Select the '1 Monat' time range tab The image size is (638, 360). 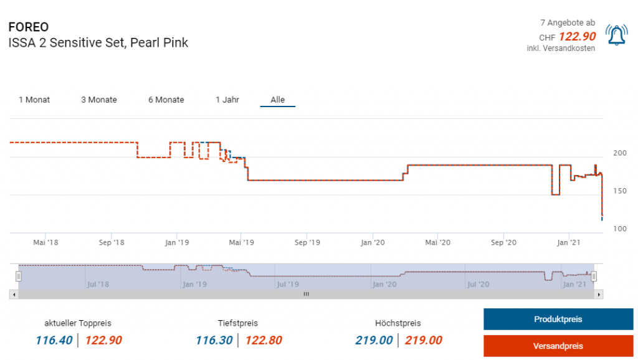[x=34, y=100]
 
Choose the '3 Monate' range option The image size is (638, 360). [x=99, y=100]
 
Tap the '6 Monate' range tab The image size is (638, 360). [x=166, y=100]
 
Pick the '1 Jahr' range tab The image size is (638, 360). [x=227, y=100]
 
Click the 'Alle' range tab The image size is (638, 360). [x=278, y=100]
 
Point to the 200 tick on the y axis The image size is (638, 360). [x=620, y=153]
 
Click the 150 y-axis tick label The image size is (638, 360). [x=620, y=191]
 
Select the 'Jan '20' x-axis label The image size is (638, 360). [x=373, y=242]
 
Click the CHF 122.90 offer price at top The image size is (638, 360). [x=577, y=37]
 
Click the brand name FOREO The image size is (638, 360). [x=29, y=27]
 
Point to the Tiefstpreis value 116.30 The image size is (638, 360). [x=214, y=340]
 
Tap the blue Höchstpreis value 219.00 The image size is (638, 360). [x=374, y=340]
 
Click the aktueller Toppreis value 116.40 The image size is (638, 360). [x=54, y=340]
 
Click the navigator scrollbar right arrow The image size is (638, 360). [x=599, y=294]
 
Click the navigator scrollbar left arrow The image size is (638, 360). [x=13, y=294]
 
